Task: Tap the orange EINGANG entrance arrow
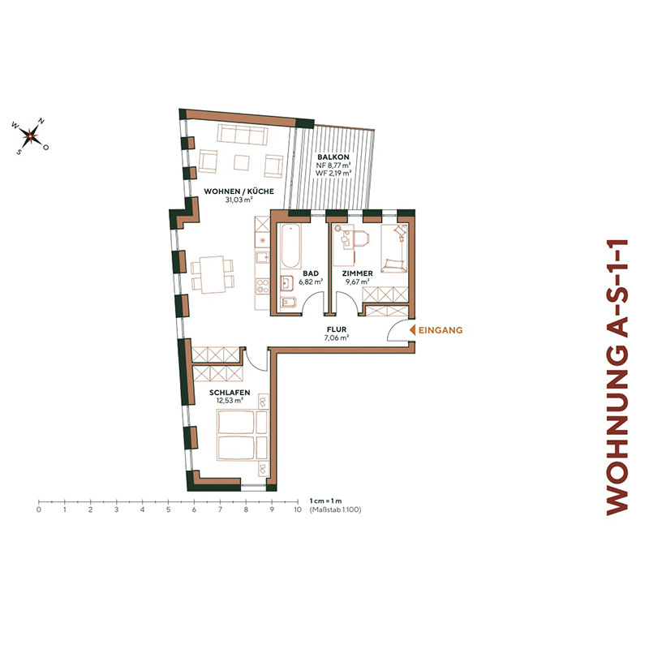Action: pos(412,330)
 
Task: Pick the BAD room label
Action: pos(311,274)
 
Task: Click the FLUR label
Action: pos(335,329)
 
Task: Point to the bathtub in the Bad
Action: pos(290,247)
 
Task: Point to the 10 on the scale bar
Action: pos(297,510)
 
